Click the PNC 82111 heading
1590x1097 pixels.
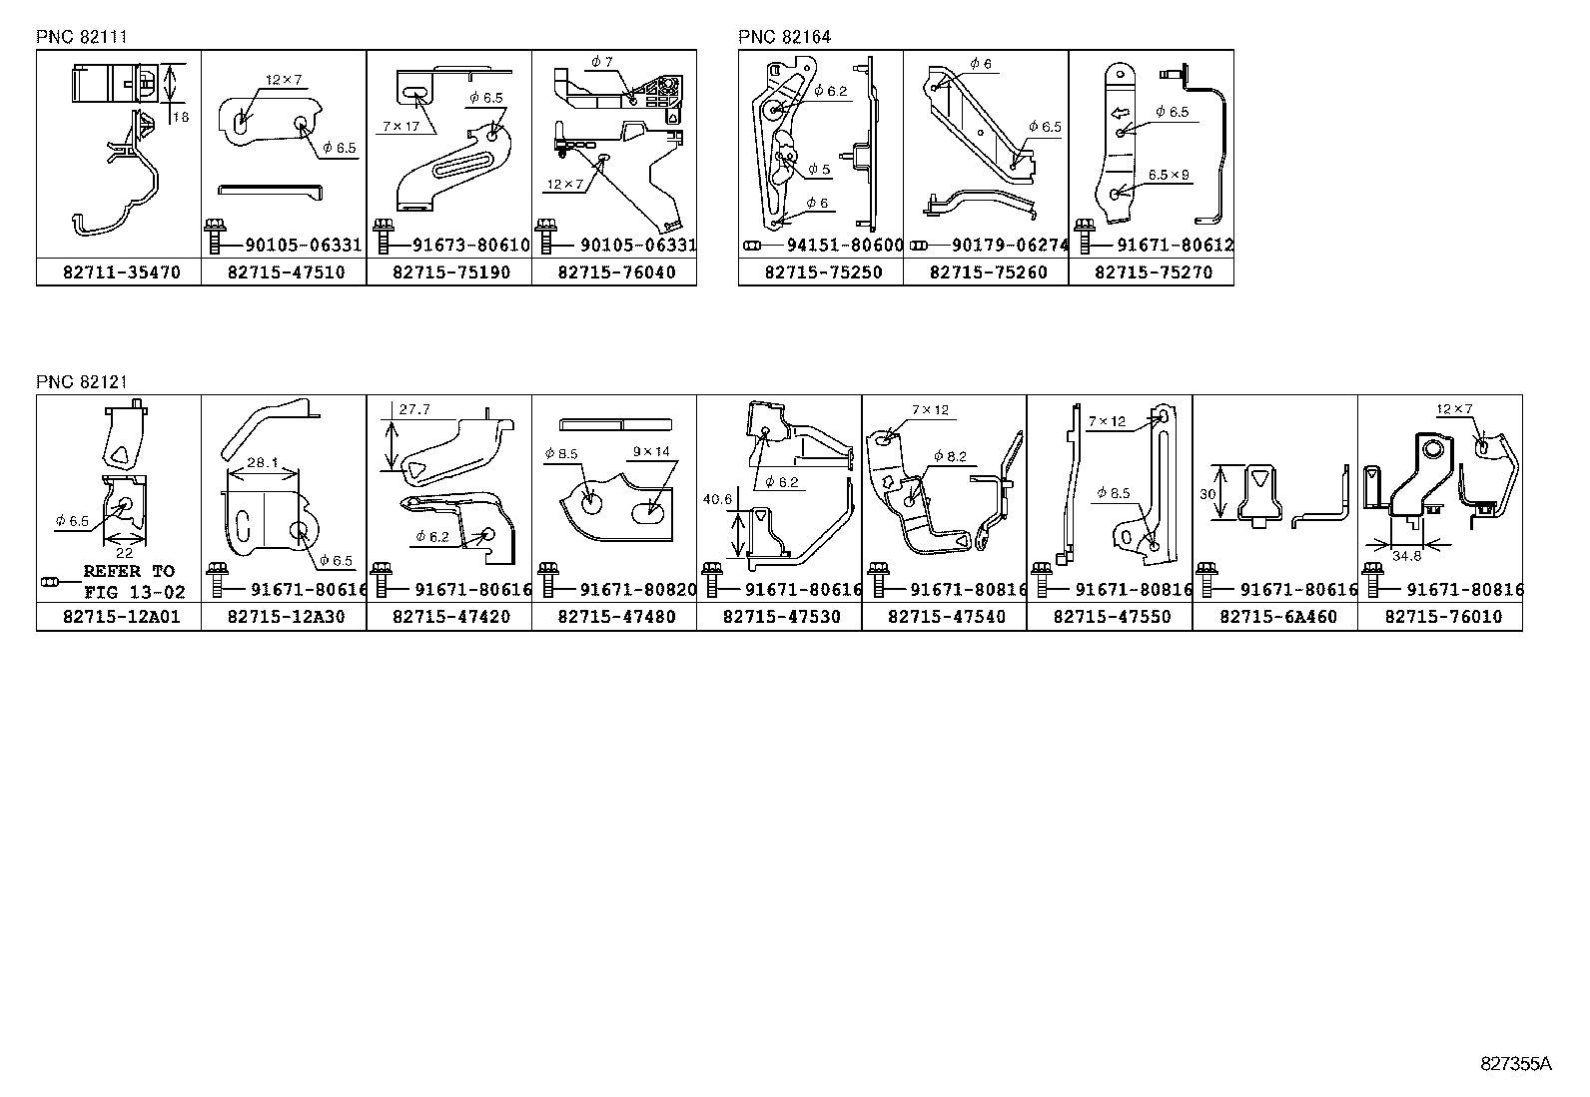tap(82, 37)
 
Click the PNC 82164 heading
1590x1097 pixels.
tap(784, 37)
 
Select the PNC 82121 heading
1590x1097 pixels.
tap(82, 381)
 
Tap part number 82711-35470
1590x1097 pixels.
tap(119, 272)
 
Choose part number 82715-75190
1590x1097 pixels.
tap(449, 272)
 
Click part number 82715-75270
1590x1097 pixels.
tap(1152, 272)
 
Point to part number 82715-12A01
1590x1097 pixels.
tap(119, 617)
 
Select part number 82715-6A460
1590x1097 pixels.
tap(1275, 617)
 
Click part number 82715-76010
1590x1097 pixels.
tap(1441, 617)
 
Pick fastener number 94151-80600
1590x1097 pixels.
tap(844, 246)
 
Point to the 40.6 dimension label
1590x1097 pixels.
tap(716, 499)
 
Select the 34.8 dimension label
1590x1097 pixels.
tap(1406, 556)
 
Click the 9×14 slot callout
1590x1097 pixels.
tap(651, 451)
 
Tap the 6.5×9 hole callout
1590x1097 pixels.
tap(1169, 174)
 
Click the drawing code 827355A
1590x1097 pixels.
tap(1515, 1064)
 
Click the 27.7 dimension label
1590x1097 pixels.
tap(413, 409)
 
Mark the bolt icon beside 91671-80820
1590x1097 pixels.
tap(546, 582)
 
